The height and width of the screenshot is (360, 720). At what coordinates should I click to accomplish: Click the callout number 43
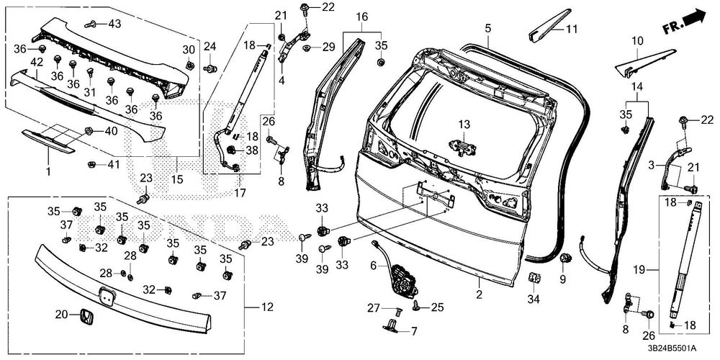click(114, 24)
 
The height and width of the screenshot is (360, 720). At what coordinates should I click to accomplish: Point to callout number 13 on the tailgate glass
click(463, 125)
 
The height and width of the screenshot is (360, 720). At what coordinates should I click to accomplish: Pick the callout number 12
click(267, 307)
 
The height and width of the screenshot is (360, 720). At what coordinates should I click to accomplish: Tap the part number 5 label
click(487, 28)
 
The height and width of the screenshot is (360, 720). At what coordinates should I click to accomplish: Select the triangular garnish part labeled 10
click(645, 61)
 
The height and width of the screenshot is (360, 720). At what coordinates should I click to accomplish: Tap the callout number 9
click(563, 278)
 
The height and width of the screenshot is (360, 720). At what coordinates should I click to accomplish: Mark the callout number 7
click(413, 332)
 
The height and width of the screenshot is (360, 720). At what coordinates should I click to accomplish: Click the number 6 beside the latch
click(374, 266)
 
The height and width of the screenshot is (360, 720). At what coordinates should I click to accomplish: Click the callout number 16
click(361, 16)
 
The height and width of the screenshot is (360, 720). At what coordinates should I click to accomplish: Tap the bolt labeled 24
click(210, 69)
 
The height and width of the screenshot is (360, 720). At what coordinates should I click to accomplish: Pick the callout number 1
click(48, 172)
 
